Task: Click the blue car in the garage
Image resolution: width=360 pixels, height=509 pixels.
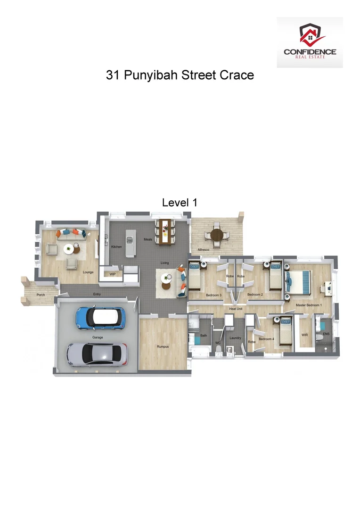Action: (x=100, y=317)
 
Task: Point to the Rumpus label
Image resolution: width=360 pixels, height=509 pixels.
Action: (x=163, y=346)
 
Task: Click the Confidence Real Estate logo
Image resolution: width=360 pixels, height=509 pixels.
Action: (x=310, y=42)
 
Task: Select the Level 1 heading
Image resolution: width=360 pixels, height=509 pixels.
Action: (x=180, y=203)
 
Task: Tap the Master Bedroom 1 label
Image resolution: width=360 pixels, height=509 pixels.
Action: (x=309, y=305)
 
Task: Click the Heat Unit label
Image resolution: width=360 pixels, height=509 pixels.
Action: (x=236, y=309)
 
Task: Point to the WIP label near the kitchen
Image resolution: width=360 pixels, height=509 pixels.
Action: (x=113, y=274)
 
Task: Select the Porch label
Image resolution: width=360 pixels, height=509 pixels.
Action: (x=41, y=295)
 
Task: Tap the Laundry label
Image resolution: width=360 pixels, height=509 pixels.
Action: (x=235, y=338)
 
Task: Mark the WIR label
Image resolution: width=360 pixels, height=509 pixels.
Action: (x=305, y=335)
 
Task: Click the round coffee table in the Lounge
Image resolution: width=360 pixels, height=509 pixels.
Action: (x=69, y=248)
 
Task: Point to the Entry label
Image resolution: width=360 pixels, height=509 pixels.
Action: (x=97, y=295)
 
